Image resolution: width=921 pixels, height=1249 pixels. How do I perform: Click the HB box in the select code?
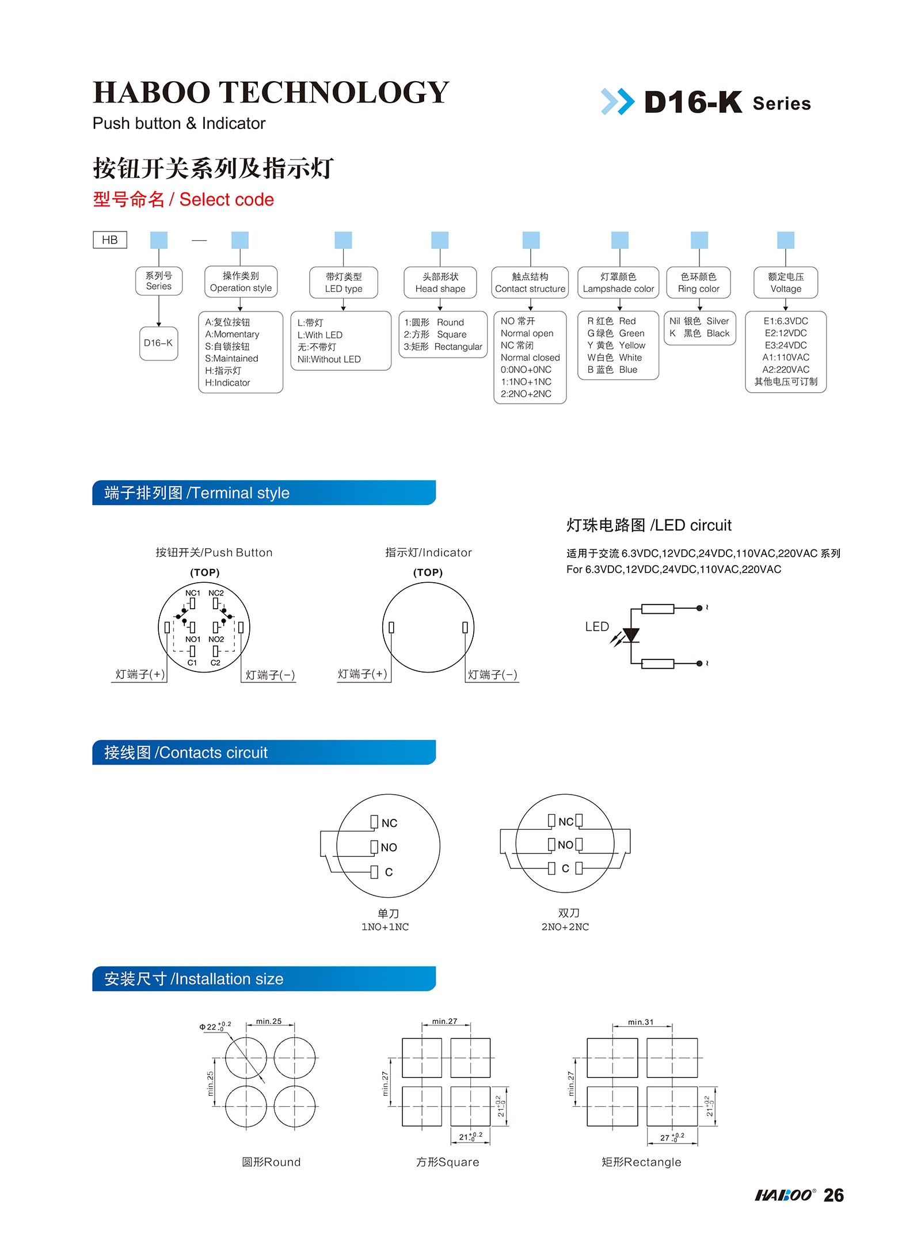click(x=109, y=240)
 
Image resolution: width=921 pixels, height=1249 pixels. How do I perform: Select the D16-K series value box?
click(x=158, y=343)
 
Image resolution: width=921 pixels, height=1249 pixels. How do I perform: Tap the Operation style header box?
click(x=241, y=282)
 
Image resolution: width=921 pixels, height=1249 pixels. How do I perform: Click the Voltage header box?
click(x=785, y=283)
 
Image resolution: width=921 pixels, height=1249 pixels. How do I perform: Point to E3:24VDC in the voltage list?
click(x=785, y=345)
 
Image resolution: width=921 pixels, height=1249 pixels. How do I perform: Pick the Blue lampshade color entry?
click(x=612, y=370)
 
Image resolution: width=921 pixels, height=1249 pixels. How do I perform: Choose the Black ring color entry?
click(x=699, y=333)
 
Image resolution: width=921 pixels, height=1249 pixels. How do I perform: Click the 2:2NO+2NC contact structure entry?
click(x=526, y=394)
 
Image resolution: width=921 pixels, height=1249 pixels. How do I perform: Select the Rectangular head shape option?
click(x=443, y=347)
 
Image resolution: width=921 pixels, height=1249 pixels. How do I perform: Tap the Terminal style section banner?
click(x=264, y=493)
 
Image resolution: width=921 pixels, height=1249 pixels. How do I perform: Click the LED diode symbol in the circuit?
click(x=631, y=635)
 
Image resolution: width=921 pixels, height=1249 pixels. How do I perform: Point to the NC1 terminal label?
click(x=192, y=593)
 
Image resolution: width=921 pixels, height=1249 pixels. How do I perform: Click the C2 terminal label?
click(x=215, y=663)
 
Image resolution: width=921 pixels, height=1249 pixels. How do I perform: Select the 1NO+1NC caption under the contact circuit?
click(x=385, y=927)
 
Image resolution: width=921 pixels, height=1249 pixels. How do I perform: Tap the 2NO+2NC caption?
click(x=565, y=927)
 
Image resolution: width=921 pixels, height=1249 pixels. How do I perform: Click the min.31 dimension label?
click(x=640, y=1022)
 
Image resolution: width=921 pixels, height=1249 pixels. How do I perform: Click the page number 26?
click(x=833, y=1195)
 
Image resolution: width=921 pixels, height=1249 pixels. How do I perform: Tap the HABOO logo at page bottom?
click(x=785, y=1195)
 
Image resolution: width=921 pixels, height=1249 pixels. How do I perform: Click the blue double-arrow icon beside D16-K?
click(x=617, y=102)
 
